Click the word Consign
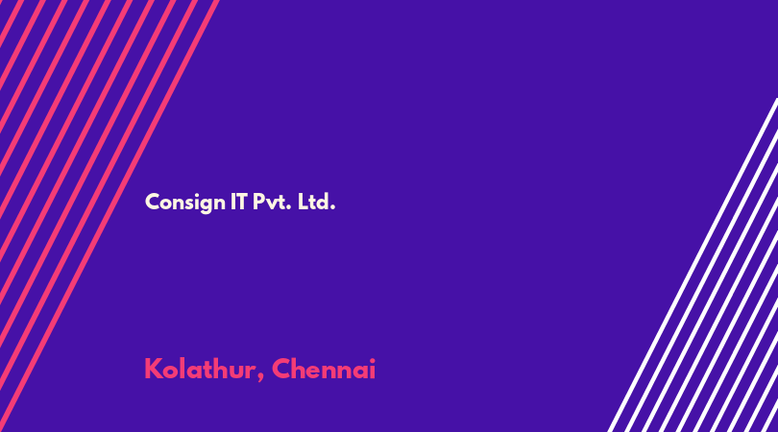pos(185,203)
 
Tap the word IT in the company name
pos(238,202)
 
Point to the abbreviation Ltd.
pos(317,202)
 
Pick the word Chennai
pos(324,369)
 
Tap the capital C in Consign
pos(152,202)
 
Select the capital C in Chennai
pos(281,369)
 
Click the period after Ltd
pos(333,207)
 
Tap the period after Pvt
pos(288,207)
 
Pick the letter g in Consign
pos(207,204)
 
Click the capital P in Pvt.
pos(258,202)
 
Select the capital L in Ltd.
pos(303,202)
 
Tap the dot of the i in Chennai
pos(372,360)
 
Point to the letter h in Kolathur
pos(218,368)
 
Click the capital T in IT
pos(242,202)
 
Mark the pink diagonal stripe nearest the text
pos(109,216)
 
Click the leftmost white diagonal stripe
pos(693,265)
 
